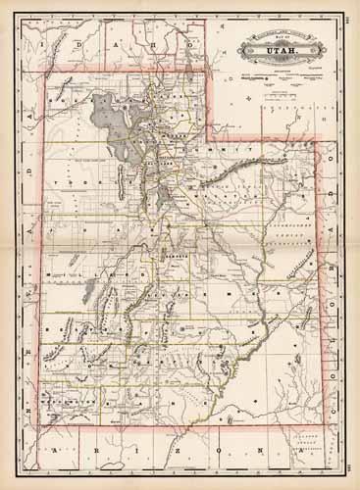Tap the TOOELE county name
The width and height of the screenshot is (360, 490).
coord(83,182)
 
